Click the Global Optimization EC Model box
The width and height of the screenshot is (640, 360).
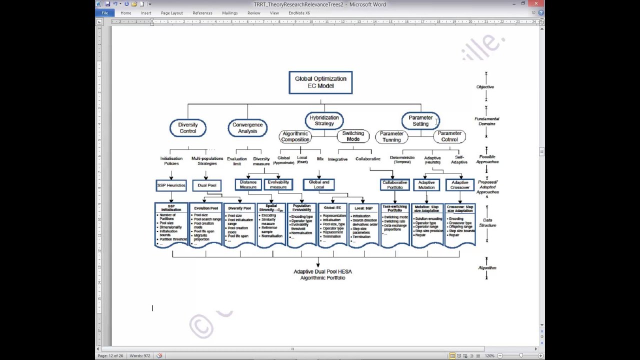(320, 82)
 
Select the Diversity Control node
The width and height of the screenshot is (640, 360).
(188, 128)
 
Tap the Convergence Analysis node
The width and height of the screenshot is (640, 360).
(247, 128)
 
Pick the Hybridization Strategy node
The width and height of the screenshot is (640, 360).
(324, 120)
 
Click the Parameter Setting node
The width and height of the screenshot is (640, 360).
(420, 120)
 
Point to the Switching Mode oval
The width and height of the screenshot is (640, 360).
(353, 136)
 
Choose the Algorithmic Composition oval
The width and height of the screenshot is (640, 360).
(295, 136)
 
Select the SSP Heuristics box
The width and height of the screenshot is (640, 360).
(171, 185)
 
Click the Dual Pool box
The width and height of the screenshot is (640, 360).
(206, 185)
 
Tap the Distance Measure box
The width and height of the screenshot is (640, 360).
(248, 184)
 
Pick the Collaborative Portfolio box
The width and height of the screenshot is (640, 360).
(394, 185)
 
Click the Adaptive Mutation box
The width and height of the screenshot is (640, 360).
(426, 185)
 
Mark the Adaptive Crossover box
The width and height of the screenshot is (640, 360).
(460, 185)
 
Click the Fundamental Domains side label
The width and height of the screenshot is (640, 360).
(487, 121)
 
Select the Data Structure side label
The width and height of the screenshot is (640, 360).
(487, 222)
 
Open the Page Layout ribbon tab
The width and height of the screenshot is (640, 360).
(171, 13)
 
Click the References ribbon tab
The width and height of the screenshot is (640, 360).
(202, 13)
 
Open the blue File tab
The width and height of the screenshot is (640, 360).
(104, 13)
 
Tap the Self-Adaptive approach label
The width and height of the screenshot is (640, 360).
(459, 159)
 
